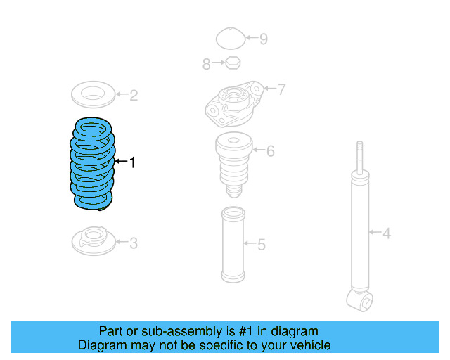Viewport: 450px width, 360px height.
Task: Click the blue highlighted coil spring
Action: tap(93, 163)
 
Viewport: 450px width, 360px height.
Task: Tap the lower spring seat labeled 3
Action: tap(93, 241)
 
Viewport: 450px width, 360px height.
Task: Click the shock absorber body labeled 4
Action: tap(360, 232)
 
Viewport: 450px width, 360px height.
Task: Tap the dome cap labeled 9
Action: tap(230, 38)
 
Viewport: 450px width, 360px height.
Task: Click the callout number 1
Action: tap(131, 163)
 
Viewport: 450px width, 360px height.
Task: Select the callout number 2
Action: tap(134, 95)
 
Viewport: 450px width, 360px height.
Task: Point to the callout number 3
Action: tap(134, 244)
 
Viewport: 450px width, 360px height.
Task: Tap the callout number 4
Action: tap(386, 233)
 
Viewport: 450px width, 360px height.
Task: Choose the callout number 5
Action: tap(262, 245)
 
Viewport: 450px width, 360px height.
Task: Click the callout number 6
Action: tap(270, 150)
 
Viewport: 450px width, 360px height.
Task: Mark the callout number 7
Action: tap(281, 89)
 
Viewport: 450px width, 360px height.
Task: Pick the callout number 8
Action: tap(207, 65)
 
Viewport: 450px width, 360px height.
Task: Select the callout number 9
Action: tap(264, 39)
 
